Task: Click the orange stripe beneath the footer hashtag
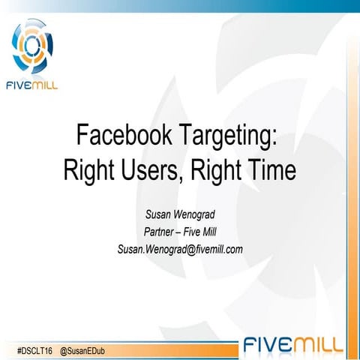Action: (x=112, y=358)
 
